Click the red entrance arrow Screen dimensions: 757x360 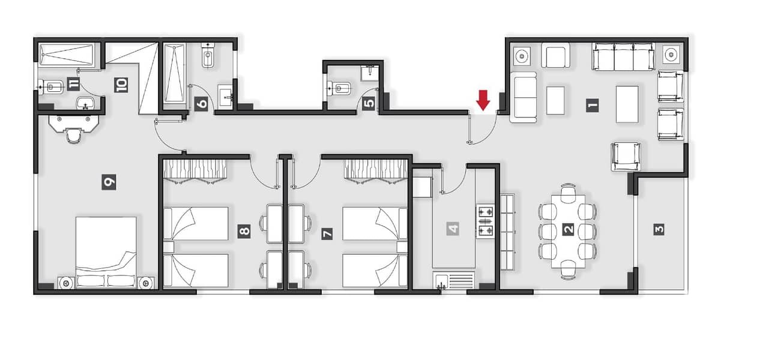(483, 100)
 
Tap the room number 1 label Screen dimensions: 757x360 (592, 106)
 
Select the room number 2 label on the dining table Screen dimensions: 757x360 (569, 230)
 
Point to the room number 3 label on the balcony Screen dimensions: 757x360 (659, 230)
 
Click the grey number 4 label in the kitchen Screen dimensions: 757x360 (453, 229)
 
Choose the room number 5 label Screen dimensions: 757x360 (369, 103)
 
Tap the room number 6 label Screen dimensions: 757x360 (202, 103)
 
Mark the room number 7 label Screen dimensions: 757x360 (327, 233)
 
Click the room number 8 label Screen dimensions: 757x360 (244, 231)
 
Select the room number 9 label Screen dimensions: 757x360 (109, 182)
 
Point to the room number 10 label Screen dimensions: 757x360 (121, 85)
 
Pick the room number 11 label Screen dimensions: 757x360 (73, 84)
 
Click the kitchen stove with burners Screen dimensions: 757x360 (485, 221)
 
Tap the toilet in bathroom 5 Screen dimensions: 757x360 (339, 88)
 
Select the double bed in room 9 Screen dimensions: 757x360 (106, 252)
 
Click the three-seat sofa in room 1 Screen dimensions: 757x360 (623, 56)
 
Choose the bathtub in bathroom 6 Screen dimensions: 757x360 (174, 73)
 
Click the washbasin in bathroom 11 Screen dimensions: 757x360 (86, 103)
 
